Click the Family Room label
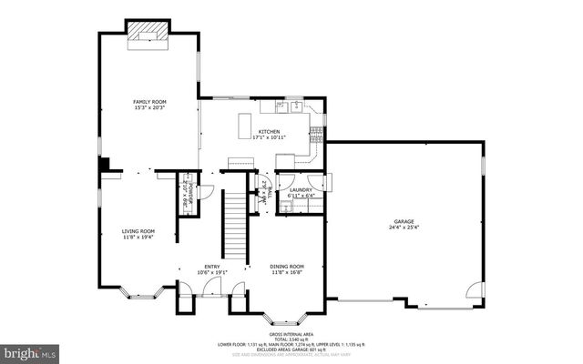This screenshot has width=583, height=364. coord(149,101)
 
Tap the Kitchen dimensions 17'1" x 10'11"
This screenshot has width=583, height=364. coord(271,137)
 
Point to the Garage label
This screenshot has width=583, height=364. coord(404,221)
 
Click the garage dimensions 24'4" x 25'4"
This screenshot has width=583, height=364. coord(404,227)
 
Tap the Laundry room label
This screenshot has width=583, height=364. coord(301,189)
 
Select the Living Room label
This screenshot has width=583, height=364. coord(138,231)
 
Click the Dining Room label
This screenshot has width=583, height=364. coord(286,266)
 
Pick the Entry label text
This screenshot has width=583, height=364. coord(211,266)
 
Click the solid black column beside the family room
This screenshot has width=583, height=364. coord(106,165)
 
